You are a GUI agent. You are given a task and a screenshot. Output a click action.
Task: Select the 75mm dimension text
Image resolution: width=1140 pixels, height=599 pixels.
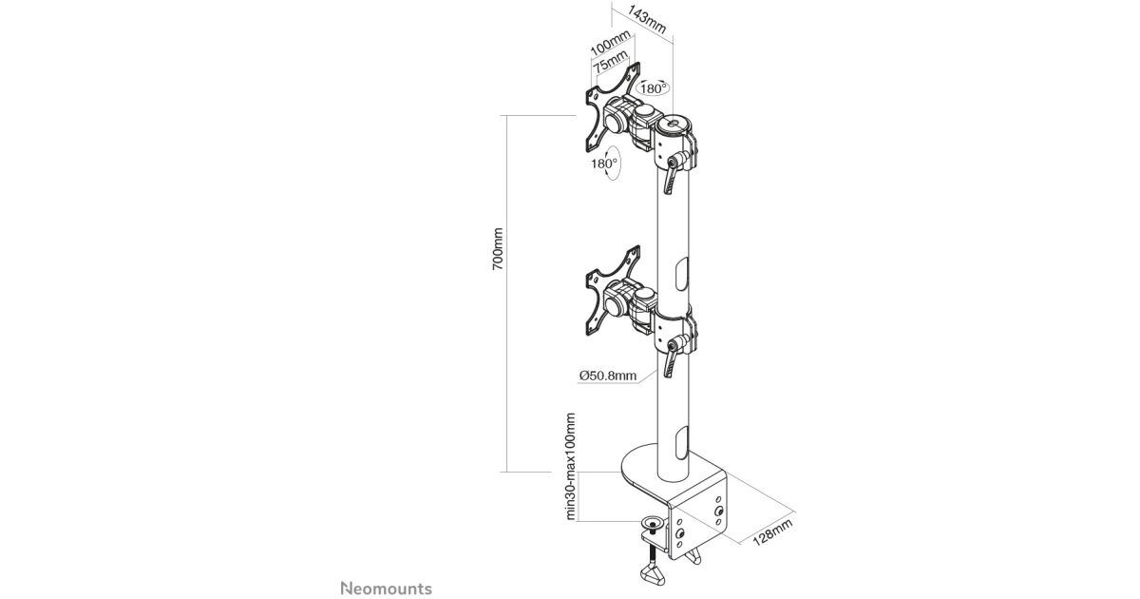611,65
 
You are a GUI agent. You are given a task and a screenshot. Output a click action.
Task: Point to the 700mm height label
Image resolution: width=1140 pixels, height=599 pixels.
497,248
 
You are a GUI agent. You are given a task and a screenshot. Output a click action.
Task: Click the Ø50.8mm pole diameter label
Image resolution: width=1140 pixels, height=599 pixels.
607,376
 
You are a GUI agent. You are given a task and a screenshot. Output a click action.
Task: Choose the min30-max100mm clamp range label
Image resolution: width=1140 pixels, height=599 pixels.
571,467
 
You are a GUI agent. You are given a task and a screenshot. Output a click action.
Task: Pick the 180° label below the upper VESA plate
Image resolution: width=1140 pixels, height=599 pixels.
604,163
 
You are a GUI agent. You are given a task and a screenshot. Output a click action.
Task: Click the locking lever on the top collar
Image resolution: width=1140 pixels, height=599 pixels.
674,171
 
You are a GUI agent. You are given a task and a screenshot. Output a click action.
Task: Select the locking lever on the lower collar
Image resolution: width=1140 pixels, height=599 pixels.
674,355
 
